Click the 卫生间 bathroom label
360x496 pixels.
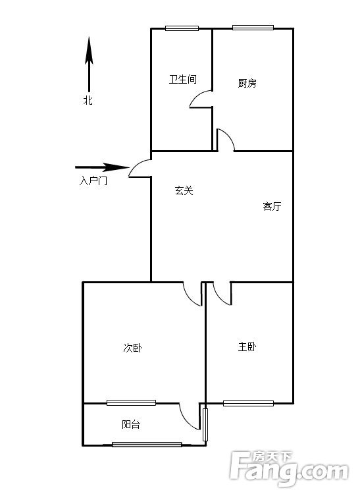coord(183,79)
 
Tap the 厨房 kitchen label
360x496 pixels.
coord(247,83)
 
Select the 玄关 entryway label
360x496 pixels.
coord(184,190)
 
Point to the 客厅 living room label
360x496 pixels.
coord(272,206)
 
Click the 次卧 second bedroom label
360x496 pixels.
coord(132,348)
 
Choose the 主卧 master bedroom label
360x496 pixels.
coord(247,346)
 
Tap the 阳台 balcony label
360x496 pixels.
coord(131,424)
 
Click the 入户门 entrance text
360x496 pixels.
coord(93,181)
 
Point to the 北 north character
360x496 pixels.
coord(88,100)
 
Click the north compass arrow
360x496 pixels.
coord(89,64)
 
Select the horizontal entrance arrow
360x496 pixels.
coord(102,167)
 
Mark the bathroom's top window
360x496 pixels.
coord(182,28)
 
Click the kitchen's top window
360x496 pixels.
coord(253,28)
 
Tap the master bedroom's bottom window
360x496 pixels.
coord(248,403)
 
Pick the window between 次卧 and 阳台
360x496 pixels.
coord(131,402)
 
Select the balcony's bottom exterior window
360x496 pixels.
coord(147,445)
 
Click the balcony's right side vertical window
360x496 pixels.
coord(205,425)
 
